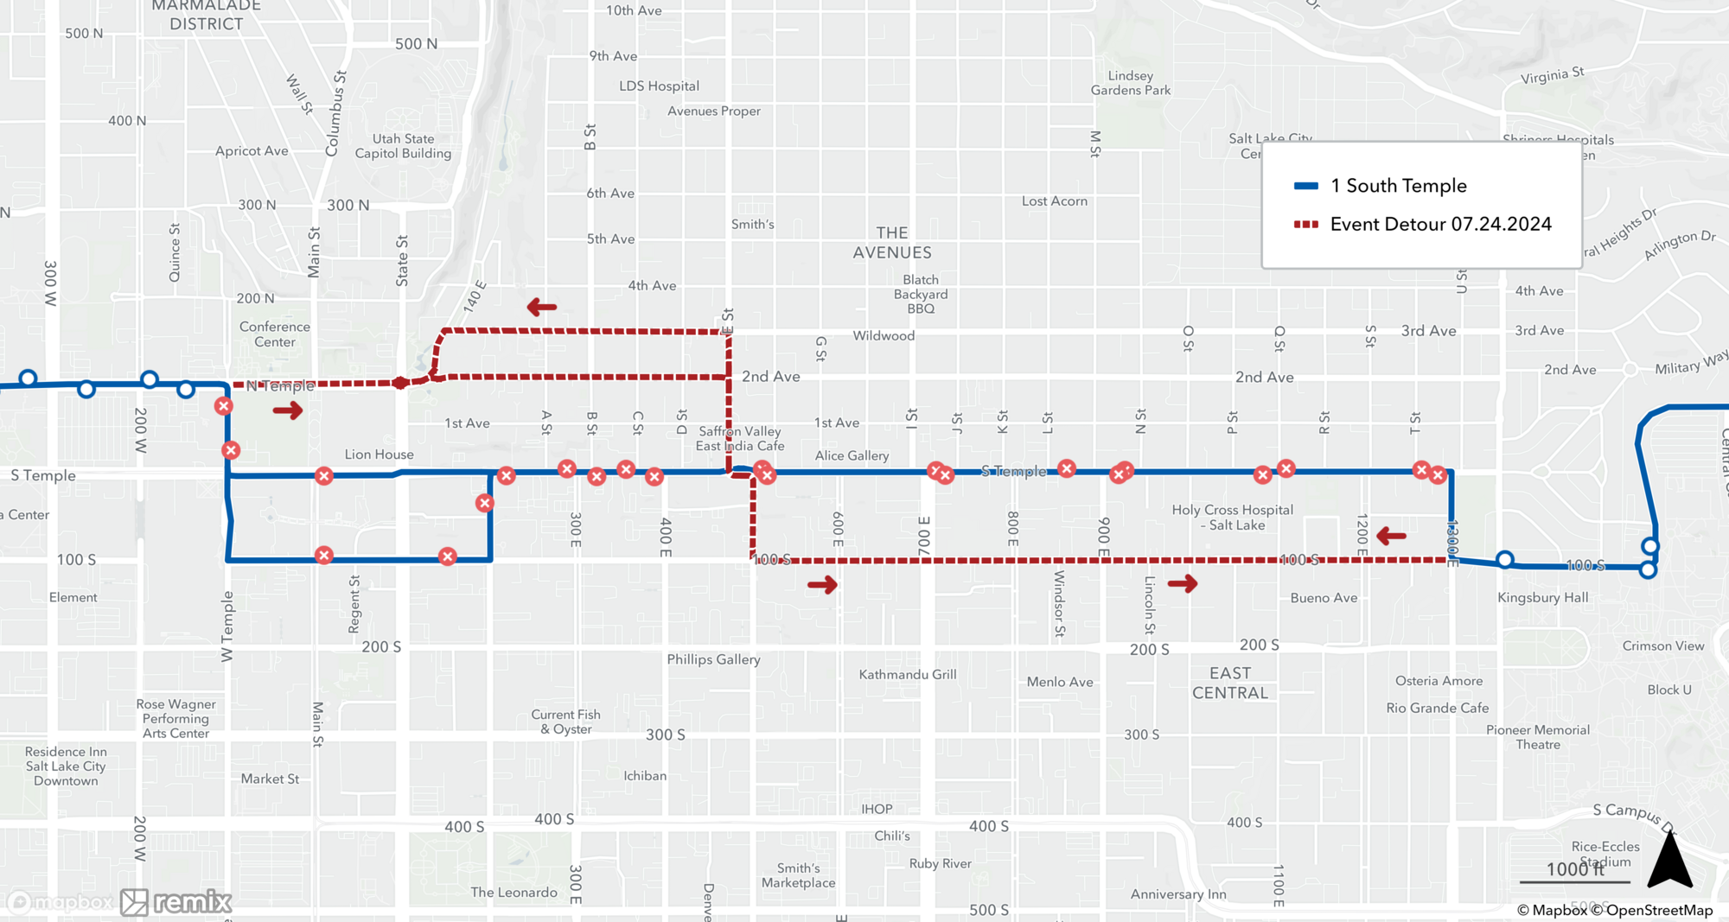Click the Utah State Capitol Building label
pyautogui.click(x=403, y=146)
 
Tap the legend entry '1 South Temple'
pyautogui.click(x=1397, y=186)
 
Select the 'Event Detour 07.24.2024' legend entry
pyautogui.click(x=1439, y=225)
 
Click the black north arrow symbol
pyautogui.click(x=1669, y=860)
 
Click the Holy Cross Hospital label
pyautogui.click(x=1232, y=518)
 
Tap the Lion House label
pyautogui.click(x=379, y=455)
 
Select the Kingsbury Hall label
pyautogui.click(x=1542, y=598)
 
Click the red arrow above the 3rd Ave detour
pyautogui.click(x=542, y=307)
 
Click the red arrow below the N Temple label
pyautogui.click(x=288, y=410)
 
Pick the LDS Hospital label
pyautogui.click(x=659, y=86)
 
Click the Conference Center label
pyautogui.click(x=274, y=334)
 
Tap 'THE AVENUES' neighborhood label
pyautogui.click(x=891, y=243)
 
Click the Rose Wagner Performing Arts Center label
pyautogui.click(x=175, y=719)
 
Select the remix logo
pyautogui.click(x=176, y=902)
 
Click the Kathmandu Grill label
pyautogui.click(x=907, y=675)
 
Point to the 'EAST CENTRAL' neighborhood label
pyautogui.click(x=1229, y=683)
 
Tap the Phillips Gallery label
pyautogui.click(x=713, y=659)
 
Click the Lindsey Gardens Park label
pyautogui.click(x=1130, y=83)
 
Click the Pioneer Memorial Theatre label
pyautogui.click(x=1537, y=737)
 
